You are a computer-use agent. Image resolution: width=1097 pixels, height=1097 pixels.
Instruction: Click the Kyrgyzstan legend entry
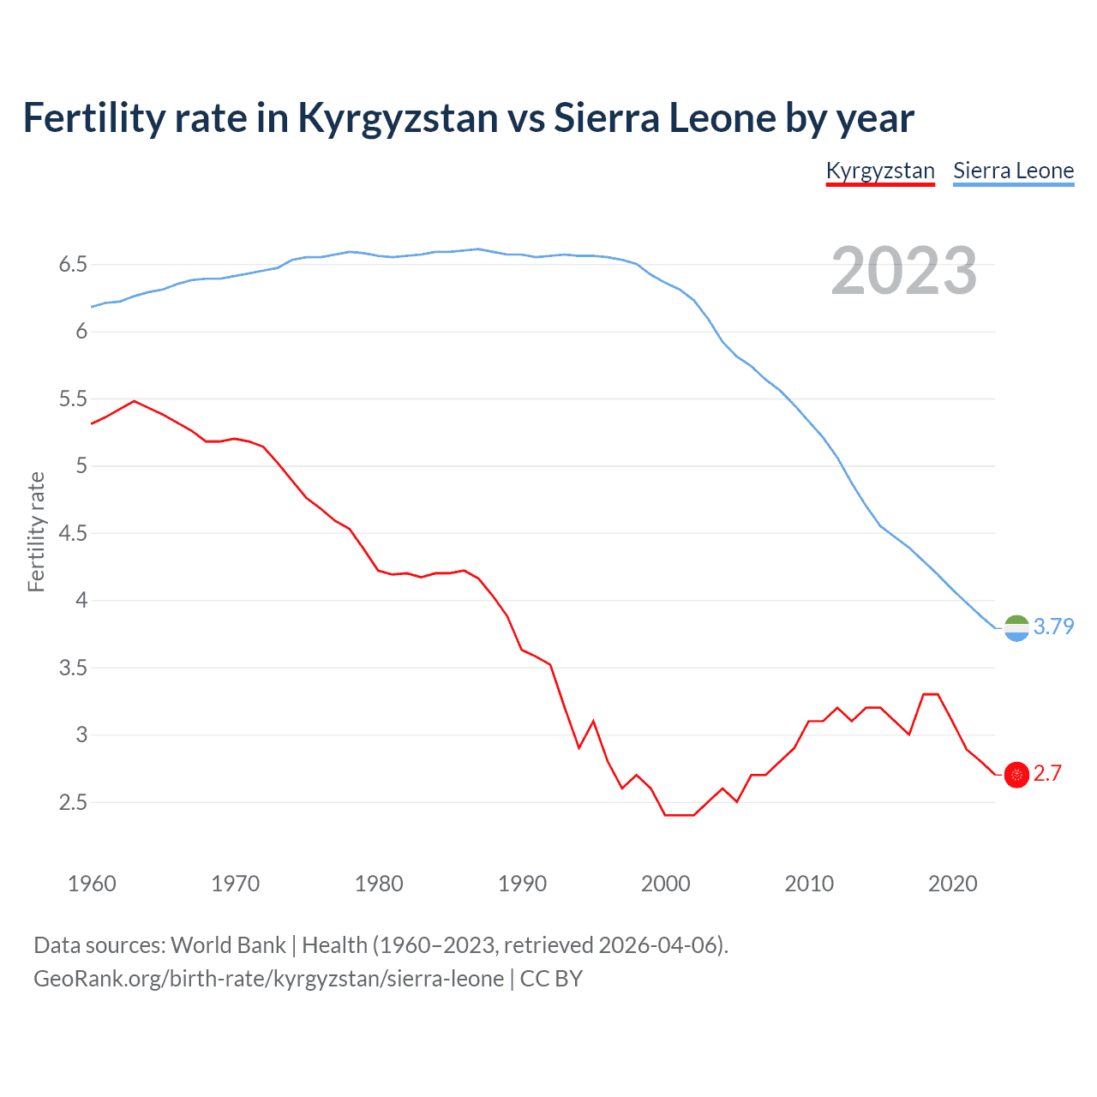(880, 171)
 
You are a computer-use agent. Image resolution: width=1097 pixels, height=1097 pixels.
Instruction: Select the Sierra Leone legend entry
(1013, 171)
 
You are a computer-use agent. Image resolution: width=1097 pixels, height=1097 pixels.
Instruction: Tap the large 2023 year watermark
(903, 271)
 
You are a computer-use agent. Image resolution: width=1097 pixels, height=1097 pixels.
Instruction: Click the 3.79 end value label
(1053, 626)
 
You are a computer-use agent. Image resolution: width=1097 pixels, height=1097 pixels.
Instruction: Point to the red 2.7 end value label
(1047, 773)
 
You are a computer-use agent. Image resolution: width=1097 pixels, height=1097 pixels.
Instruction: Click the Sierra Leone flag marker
(1016, 628)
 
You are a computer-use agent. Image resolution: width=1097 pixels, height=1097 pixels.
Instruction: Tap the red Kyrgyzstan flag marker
(1016, 775)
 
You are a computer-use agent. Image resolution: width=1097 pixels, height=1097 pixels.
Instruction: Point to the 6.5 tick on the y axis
(73, 264)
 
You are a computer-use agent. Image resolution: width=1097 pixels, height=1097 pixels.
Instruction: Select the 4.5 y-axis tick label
(73, 533)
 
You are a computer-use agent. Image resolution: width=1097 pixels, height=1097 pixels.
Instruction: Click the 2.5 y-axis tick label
(73, 802)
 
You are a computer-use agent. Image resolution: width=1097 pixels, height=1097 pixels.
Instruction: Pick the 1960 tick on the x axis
(92, 884)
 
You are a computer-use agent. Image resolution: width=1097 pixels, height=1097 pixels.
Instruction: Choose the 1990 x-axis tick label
(522, 884)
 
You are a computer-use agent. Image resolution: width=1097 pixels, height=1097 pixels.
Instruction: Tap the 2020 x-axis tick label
(952, 884)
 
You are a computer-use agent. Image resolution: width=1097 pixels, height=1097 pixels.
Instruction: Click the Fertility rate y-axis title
(36, 531)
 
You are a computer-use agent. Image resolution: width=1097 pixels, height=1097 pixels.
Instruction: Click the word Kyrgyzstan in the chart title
(398, 118)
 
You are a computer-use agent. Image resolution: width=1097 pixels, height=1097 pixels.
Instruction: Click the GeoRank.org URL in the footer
(268, 979)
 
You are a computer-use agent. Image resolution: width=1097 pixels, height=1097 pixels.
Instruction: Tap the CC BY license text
(551, 979)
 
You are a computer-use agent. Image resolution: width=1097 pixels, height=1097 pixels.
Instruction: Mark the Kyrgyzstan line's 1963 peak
(135, 400)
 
